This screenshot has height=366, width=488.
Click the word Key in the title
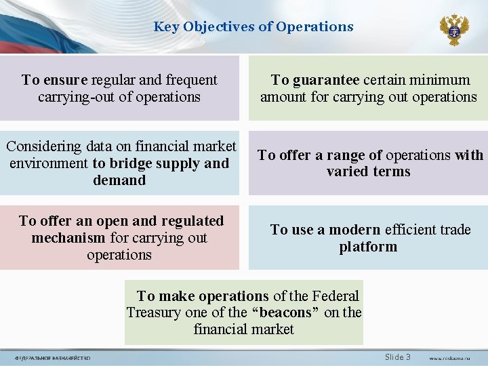click(165, 27)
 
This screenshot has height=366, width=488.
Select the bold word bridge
click(133, 163)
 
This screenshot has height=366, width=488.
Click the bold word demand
click(119, 180)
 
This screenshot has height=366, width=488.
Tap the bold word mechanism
click(68, 238)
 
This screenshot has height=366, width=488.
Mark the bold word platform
click(368, 247)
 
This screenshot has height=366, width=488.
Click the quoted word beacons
click(285, 312)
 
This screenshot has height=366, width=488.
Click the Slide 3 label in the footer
click(397, 357)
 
